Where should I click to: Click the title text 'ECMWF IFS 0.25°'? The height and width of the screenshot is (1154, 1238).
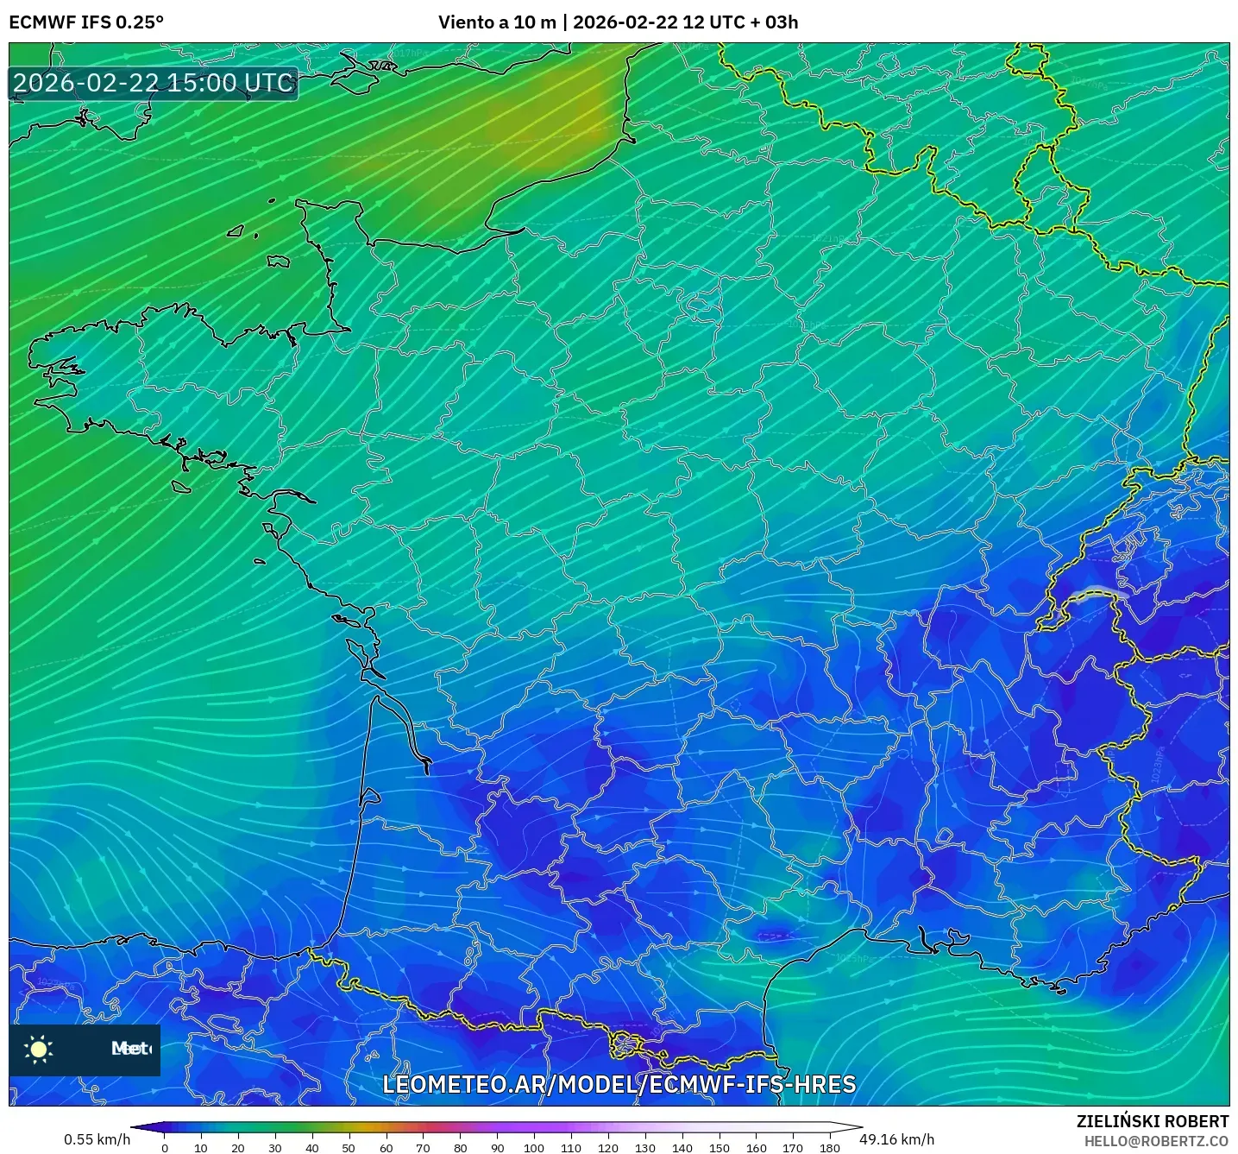(85, 22)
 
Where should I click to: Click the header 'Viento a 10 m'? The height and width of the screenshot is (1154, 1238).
(497, 22)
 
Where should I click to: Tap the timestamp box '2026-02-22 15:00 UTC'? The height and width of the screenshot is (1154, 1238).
(154, 83)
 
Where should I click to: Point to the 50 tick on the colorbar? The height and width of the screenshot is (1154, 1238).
(349, 1147)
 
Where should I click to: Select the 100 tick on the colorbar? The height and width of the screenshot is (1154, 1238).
(533, 1147)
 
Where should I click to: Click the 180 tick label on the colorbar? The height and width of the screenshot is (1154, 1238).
(829, 1147)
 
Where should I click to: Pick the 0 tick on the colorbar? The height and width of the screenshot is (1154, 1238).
(164, 1147)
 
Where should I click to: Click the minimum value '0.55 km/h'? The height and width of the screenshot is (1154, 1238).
(97, 1139)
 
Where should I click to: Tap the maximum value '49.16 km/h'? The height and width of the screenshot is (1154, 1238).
(896, 1139)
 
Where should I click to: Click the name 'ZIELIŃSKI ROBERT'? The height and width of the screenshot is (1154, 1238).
(1153, 1121)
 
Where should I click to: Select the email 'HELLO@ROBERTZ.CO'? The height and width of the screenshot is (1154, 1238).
(1156, 1141)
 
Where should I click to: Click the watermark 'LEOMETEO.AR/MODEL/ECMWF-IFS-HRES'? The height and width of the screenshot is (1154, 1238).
(619, 1084)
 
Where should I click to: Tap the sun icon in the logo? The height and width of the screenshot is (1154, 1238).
(39, 1049)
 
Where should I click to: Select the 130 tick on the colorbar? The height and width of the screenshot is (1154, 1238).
(644, 1147)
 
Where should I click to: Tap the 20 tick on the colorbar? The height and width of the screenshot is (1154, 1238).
(238, 1147)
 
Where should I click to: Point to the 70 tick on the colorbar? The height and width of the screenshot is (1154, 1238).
(423, 1147)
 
